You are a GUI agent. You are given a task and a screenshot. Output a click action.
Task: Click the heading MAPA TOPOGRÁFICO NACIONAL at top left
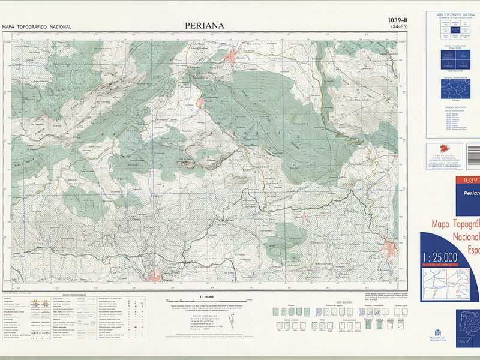pyautogui.click(x=36, y=27)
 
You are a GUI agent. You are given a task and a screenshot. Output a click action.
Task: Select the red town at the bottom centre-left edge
pyautogui.click(x=155, y=276)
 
